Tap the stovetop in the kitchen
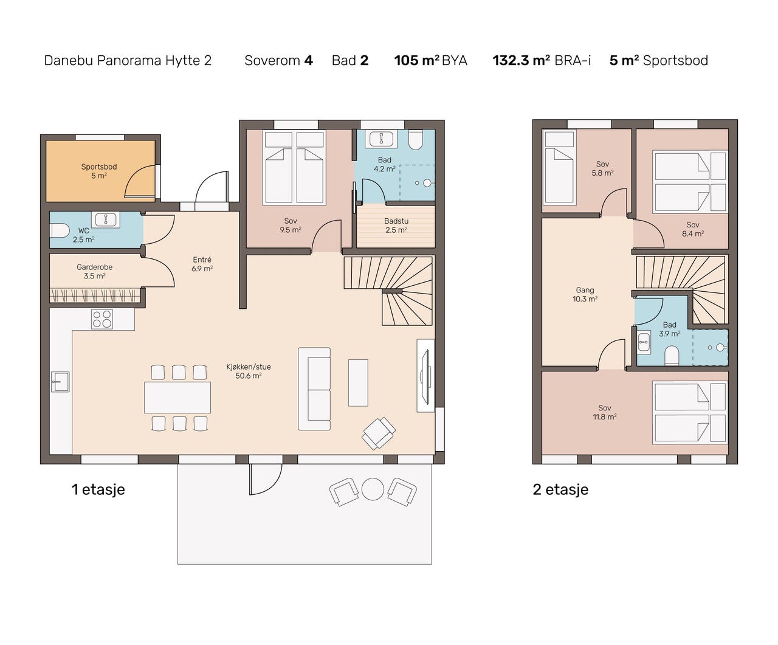click(102, 319)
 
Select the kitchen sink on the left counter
click(60, 382)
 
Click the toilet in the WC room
click(60, 230)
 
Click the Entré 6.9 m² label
click(202, 264)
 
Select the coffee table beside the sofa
click(358, 382)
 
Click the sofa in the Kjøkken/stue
click(314, 389)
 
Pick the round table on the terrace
click(373, 489)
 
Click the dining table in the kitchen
click(177, 397)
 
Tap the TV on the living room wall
click(426, 376)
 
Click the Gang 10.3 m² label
click(585, 294)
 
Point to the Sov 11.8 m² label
click(605, 412)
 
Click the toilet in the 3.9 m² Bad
click(672, 355)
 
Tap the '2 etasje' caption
click(560, 489)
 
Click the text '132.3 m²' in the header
click(522, 60)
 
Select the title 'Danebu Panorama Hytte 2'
click(128, 60)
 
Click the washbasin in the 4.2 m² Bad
click(381, 139)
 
